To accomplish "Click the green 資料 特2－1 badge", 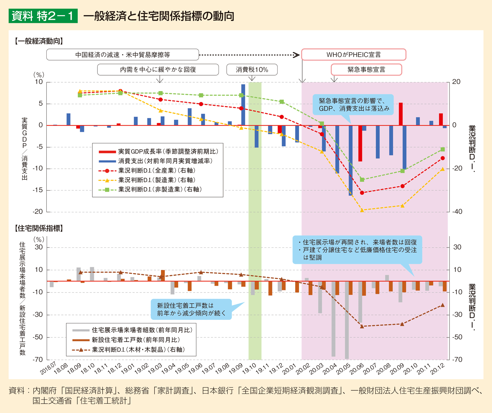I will click(x=43, y=16).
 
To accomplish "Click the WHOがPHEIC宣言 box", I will click(x=354, y=55).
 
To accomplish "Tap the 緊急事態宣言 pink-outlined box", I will click(x=366, y=70).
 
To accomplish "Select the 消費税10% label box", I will click(x=252, y=70).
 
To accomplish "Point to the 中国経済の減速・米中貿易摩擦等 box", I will click(x=123, y=55).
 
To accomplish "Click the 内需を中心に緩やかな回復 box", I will click(x=158, y=70).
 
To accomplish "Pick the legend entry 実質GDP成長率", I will click(x=168, y=151).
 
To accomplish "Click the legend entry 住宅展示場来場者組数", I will click(x=142, y=330).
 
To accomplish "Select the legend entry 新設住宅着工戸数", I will click(x=136, y=340).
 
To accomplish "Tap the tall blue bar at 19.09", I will click(x=243, y=105).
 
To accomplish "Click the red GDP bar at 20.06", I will click(x=360, y=143).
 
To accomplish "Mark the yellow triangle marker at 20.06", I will click(x=362, y=210).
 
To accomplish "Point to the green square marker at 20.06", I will click(x=362, y=180).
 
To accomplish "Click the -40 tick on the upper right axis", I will click(x=457, y=212).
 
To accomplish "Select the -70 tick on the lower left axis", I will click(x=38, y=360).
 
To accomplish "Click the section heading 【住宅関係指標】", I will click(x=39, y=228).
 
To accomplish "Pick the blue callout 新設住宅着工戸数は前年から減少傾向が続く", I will click(x=191, y=309).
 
